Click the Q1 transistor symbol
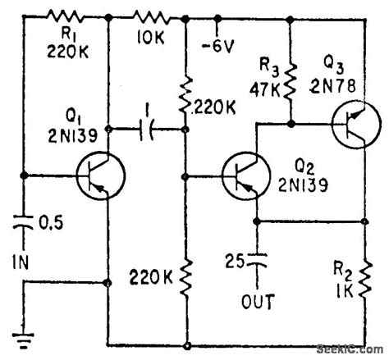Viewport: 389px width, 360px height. (99, 175)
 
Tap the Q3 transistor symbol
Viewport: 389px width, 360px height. (356, 125)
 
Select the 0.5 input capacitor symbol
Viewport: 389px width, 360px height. (24, 220)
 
